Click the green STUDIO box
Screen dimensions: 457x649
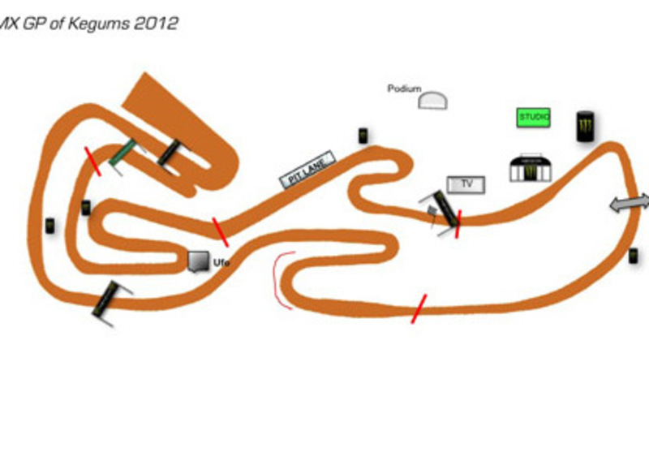[534, 117]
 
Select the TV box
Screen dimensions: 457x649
[466, 185]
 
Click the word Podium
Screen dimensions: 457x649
[403, 88]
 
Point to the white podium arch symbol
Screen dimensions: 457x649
[435, 101]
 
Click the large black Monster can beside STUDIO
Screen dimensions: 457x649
[583, 127]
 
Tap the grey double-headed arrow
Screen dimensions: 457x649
[630, 204]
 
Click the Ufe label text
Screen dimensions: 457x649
[221, 262]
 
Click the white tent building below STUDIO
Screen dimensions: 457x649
[531, 169]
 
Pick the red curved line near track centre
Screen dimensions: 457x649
[279, 280]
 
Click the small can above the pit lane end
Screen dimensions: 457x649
[363, 136]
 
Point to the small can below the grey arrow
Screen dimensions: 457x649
[633, 256]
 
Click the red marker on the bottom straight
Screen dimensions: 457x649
[419, 308]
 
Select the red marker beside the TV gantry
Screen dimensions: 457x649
[458, 223]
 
